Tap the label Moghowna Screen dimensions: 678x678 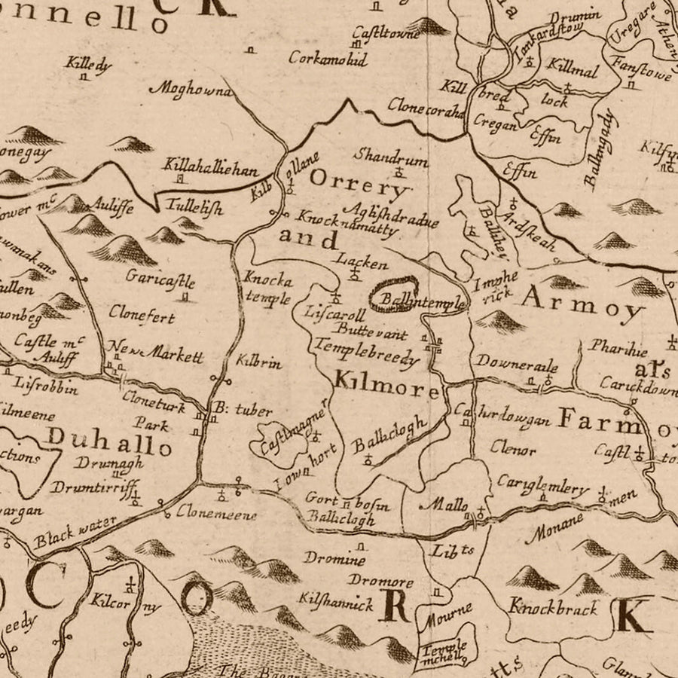(191, 90)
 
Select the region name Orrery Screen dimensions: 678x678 (359, 182)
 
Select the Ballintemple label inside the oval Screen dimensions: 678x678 (422, 301)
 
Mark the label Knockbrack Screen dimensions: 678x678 (552, 606)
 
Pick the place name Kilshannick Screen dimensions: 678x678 (336, 602)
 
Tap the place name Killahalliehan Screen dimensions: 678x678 (210, 169)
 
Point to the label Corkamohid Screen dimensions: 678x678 (327, 58)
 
